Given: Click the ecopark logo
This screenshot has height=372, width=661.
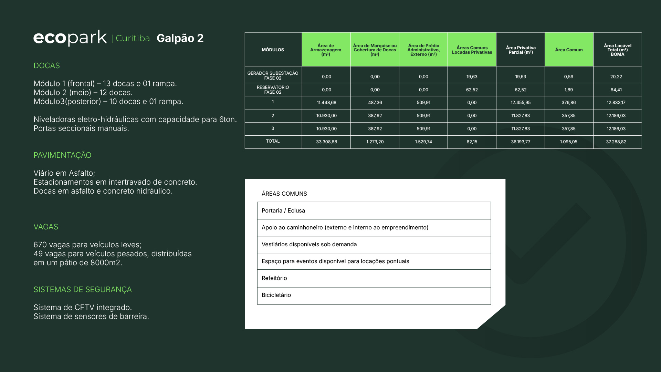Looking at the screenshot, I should point(70,38).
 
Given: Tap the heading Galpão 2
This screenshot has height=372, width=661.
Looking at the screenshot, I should point(180,38).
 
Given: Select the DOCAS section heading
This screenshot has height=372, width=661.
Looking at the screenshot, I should point(46,65).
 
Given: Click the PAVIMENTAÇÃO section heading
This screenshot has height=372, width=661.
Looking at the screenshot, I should point(62,155).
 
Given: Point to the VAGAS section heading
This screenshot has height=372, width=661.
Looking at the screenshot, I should point(46,227).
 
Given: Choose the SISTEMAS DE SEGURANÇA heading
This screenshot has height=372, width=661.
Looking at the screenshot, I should point(83,289).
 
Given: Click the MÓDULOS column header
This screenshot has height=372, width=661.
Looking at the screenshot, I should point(273,50).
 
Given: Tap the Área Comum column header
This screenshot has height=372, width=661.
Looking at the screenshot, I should point(569,50).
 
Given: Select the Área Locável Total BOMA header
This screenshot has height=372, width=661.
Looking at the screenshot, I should point(617,50).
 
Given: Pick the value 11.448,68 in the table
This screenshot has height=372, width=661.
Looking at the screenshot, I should point(326,103).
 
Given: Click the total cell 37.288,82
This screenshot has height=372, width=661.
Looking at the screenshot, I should point(616,142).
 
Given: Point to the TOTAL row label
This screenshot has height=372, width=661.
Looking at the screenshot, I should point(273,141).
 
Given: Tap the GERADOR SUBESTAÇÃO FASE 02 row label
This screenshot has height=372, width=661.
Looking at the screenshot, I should point(273,75).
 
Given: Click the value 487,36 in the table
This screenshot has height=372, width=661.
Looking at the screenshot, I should point(375,103).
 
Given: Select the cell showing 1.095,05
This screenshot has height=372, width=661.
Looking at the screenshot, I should point(568,142).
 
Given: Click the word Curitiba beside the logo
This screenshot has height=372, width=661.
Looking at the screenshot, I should point(133,38).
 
